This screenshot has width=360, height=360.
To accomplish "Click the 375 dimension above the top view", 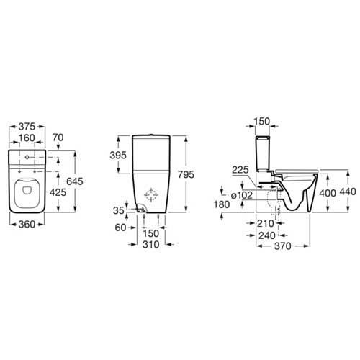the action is point(27,127).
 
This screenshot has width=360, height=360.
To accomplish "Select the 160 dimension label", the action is point(27,138).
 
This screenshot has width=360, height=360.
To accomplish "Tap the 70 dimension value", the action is point(58,138).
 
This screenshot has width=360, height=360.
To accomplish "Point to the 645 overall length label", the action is point(75,181).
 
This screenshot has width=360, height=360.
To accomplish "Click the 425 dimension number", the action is point(58,192).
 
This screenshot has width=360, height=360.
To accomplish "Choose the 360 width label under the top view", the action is point(27,225).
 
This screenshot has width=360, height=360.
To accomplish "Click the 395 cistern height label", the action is point(118,156).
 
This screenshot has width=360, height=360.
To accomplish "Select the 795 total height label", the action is point(186,174).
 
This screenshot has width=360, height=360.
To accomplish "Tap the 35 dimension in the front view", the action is point(119,210).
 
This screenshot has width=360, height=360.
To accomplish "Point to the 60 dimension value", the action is point(120,228).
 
